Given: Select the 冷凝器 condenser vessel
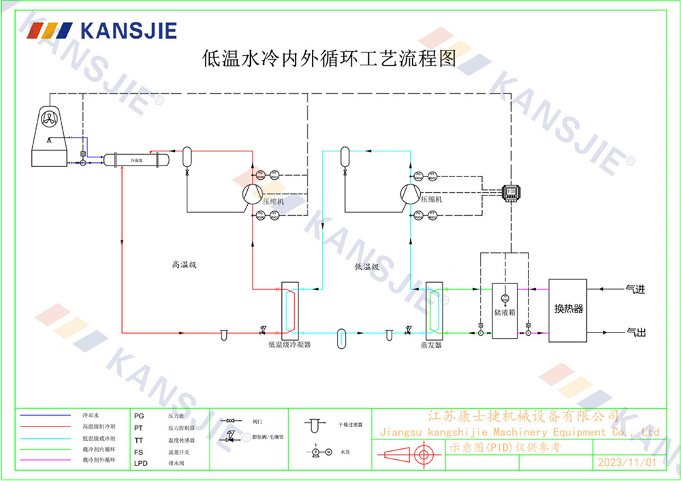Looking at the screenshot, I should (136, 160).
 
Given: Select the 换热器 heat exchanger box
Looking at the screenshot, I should (569, 310).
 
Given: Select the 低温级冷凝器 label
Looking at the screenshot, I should (289, 345).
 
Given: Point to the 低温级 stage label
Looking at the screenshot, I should (366, 267).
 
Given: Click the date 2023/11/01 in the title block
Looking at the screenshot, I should (627, 462).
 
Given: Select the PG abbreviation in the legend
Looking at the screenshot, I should (139, 415).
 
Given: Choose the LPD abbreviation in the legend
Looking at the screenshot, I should (141, 463).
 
